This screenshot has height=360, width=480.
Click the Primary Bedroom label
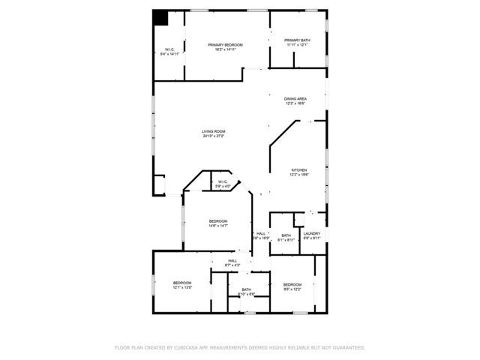[225, 45]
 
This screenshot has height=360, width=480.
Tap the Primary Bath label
[296, 40]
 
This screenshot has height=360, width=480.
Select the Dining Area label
[295, 99]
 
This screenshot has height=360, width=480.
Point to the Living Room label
[213, 132]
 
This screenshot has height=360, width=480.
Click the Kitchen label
[299, 170]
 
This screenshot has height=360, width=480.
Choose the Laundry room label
[311, 233]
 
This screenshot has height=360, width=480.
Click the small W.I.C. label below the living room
[223, 181]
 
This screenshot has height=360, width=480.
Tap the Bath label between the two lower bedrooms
[247, 289]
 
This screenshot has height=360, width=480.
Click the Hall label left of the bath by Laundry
[261, 233]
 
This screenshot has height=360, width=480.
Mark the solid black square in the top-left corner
[160, 17]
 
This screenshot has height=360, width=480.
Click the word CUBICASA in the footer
[190, 348]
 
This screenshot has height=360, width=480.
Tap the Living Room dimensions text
[213, 136]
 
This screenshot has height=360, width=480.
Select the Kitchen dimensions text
[299, 175]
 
